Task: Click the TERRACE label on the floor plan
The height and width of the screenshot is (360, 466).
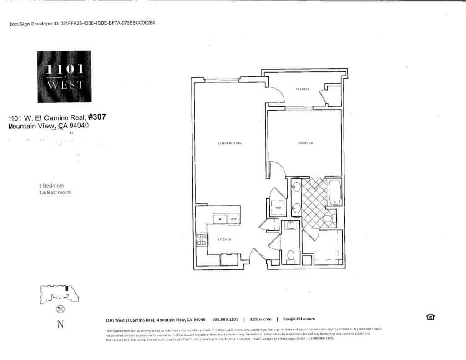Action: [303, 89]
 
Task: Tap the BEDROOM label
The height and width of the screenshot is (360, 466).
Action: [305, 143]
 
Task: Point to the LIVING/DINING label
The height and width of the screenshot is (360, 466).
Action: [229, 143]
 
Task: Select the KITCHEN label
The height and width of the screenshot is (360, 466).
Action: [224, 239]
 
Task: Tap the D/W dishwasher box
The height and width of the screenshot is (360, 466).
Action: [233, 219]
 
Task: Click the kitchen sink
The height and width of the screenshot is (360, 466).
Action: [221, 218]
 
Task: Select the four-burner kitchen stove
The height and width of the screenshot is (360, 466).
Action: [201, 239]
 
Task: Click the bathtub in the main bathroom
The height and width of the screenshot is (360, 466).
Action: [334, 193]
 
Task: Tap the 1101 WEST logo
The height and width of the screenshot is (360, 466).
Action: [64, 76]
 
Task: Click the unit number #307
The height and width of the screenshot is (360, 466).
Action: [97, 117]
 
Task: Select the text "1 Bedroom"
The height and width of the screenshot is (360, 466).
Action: [51, 186]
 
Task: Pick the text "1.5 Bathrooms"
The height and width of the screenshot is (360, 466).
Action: [55, 193]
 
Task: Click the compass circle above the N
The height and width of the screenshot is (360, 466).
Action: [60, 309]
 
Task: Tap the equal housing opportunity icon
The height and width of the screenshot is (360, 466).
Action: [431, 317]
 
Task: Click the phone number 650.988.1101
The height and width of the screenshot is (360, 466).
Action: [225, 319]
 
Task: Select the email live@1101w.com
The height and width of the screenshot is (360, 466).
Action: [299, 319]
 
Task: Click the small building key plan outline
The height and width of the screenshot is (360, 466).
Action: [59, 294]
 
